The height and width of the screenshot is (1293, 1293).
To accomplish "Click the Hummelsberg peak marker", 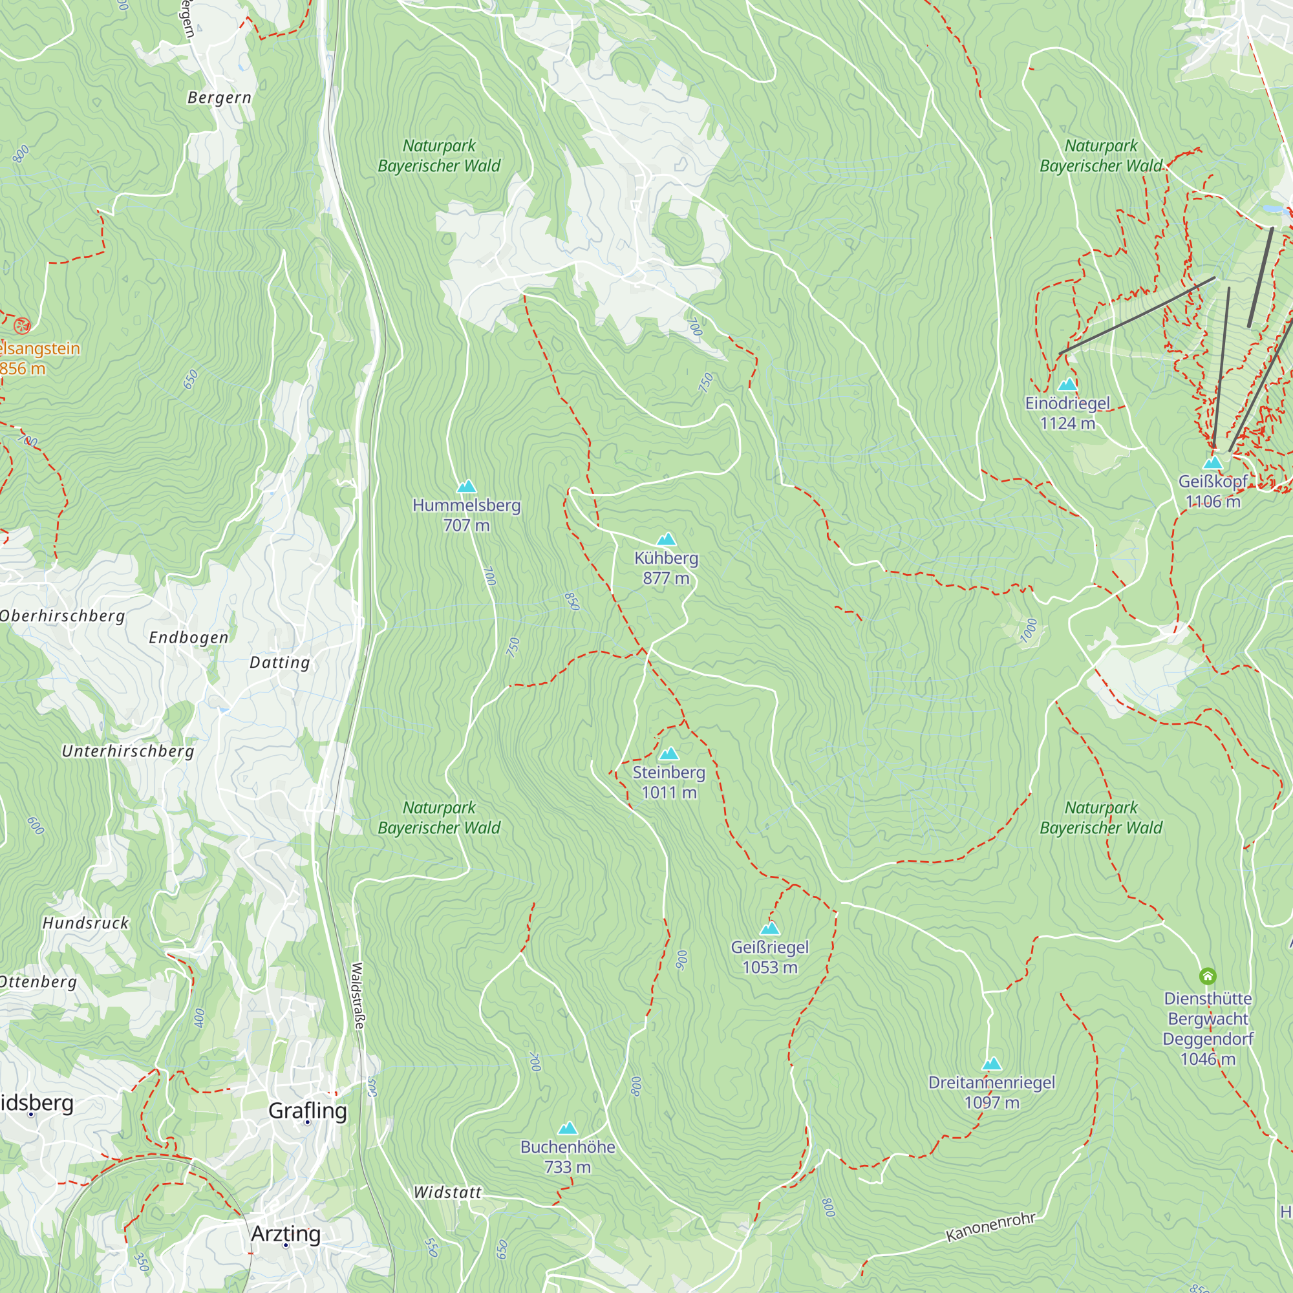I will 467,487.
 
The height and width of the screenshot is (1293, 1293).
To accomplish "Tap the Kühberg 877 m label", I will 666,568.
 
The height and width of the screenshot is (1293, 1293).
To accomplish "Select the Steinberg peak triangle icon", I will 668,754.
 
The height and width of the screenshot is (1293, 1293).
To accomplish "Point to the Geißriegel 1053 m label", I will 769,957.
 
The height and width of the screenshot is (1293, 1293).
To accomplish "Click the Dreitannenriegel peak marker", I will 991,1064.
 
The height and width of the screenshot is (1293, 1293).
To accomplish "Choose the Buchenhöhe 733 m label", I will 568,1157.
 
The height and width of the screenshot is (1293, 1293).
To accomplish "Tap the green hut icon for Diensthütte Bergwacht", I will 1207,976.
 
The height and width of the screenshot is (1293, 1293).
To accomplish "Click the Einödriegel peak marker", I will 1067,385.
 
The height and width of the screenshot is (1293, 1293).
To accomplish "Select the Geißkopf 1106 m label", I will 1213,491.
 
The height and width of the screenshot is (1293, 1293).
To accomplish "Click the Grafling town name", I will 308,1110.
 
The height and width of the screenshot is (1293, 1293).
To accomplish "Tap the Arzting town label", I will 286,1234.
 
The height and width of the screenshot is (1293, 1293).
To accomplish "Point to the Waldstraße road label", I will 358,996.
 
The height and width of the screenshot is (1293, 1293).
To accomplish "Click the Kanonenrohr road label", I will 990,1228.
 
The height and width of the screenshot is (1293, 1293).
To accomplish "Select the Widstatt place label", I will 447,1193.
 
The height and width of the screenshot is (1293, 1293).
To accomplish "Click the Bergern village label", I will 220,98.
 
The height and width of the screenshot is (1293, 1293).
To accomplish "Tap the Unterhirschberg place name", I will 128,752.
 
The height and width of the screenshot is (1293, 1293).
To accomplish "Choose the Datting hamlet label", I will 280,663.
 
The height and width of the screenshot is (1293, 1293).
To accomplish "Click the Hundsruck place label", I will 86,924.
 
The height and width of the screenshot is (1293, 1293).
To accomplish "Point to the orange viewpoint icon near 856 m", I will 22,326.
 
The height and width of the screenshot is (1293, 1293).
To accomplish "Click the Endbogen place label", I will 189,638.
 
